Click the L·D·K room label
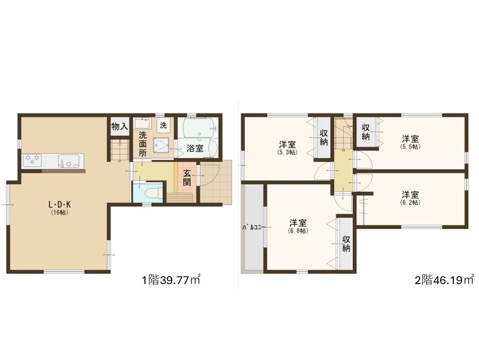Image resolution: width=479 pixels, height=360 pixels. coord(60,204)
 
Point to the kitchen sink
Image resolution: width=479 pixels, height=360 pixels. coord(69,160)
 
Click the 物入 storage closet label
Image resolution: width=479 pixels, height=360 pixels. coord(119,126)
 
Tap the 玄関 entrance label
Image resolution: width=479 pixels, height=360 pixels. coord(187,178)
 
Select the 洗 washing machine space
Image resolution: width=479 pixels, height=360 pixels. coord(164,125)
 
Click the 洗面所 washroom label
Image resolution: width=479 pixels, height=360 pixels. coord(143,144)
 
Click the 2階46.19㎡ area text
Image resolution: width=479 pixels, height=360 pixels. coord(444,280)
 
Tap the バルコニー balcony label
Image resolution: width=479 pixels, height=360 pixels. coord(252,227)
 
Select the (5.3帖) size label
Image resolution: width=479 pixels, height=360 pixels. coord(287,152)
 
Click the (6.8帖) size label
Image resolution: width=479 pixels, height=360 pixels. coord(298,231)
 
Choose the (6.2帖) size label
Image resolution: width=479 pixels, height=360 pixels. coord(410,202)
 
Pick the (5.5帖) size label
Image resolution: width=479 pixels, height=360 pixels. coord(410,147)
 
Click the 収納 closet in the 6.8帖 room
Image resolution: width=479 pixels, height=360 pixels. coord(346,244)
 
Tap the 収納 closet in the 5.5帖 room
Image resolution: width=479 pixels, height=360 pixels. coord(366,132)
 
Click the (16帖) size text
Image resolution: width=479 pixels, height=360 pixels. coord(60,212)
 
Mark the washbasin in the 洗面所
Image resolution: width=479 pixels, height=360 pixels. coord(142,124)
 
